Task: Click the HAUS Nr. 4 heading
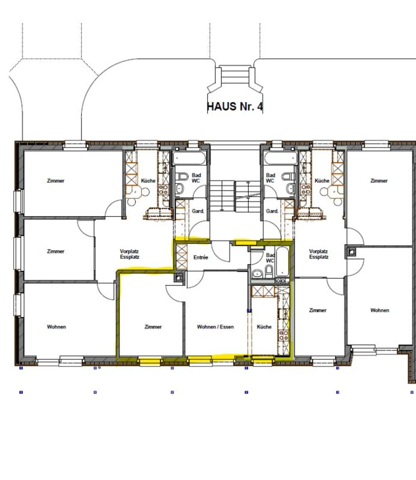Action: coord(235,106)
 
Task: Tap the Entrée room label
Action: coord(201,257)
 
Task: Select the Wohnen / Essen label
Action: coord(215,327)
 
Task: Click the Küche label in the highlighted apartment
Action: coord(264,327)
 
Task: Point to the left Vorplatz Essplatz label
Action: coord(130,254)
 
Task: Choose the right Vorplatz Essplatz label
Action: coord(319,254)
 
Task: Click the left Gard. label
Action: coord(198,211)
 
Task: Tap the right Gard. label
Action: coord(272,211)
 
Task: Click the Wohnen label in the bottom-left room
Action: coord(56,327)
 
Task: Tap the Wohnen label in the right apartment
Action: coord(380,310)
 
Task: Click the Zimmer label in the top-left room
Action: coord(55,181)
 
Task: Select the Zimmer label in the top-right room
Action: coord(379,181)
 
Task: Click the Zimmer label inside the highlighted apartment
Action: coord(153,327)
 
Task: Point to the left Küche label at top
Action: coord(148,181)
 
